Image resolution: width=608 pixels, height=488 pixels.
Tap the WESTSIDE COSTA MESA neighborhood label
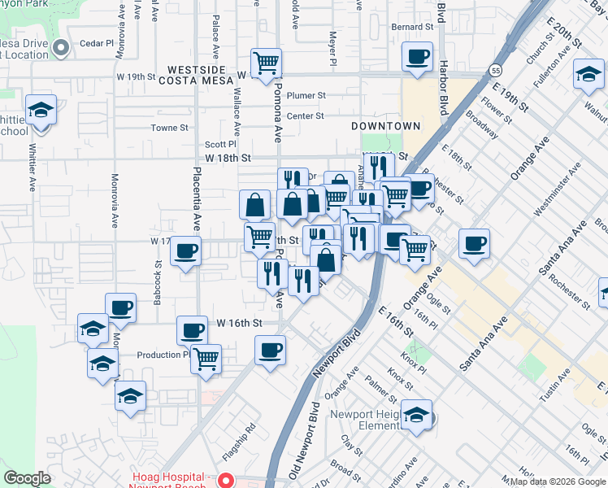(x=202, y=75)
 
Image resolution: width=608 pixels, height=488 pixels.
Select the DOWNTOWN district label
(x=386, y=126)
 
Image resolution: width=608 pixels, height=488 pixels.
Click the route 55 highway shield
(x=495, y=71)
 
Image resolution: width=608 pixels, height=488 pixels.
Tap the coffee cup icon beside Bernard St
(x=418, y=57)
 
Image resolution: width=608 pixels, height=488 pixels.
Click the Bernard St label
(x=411, y=27)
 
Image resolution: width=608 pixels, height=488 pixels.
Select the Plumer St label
(x=306, y=95)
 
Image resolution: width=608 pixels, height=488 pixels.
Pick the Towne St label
(x=169, y=128)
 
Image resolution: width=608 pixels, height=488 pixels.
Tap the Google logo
(x=27, y=478)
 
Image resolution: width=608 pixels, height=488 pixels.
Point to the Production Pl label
(x=163, y=355)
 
